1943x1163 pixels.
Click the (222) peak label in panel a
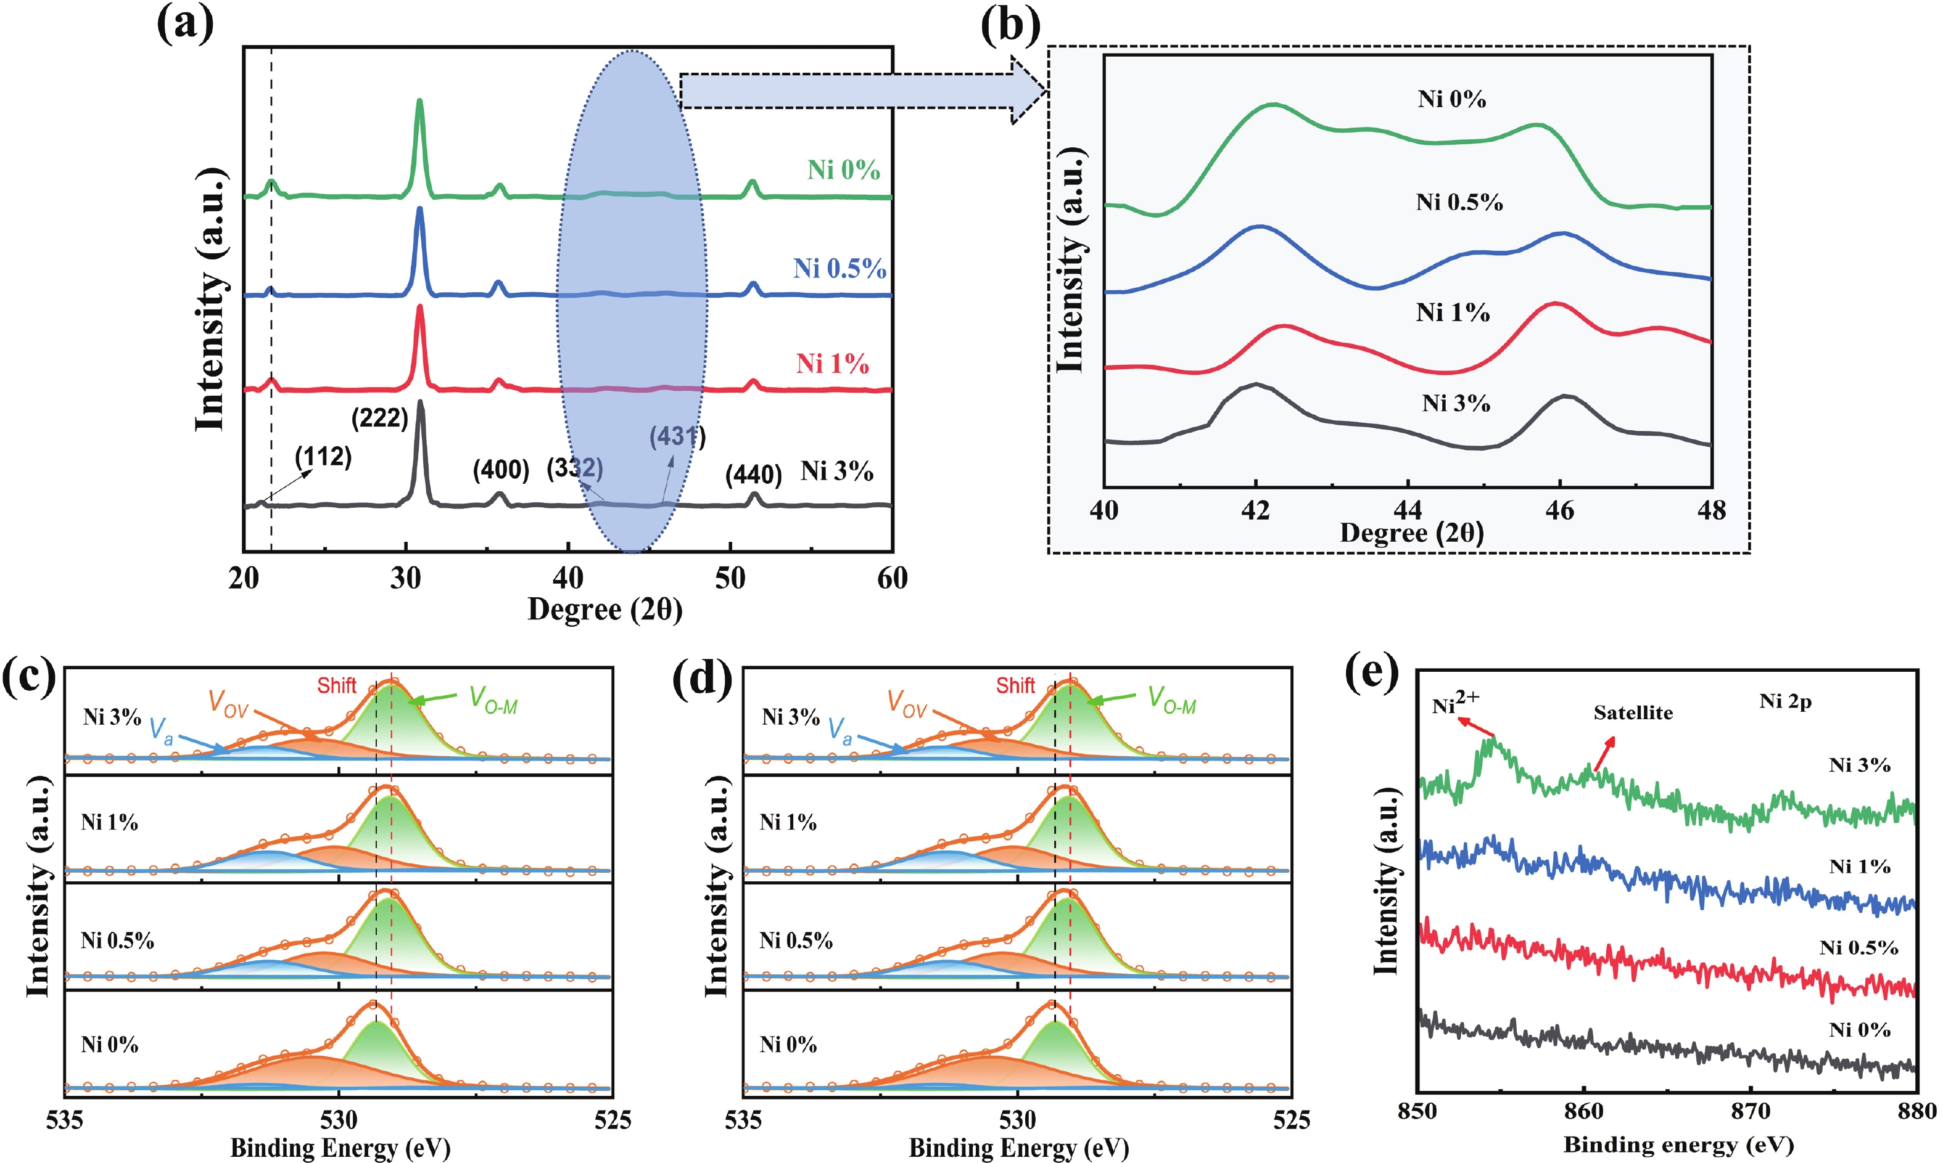pyautogui.click(x=379, y=418)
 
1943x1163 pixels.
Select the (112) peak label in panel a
pyautogui.click(x=323, y=457)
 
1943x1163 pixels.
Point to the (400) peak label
pyautogui.click(x=500, y=470)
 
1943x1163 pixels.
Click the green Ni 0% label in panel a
pyautogui.click(x=844, y=170)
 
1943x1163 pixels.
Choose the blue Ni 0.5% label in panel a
pyautogui.click(x=839, y=269)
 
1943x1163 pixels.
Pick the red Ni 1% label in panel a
pyautogui.click(x=832, y=364)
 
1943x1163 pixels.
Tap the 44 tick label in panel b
pyautogui.click(x=1408, y=511)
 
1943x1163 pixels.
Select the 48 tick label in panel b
pyautogui.click(x=1711, y=511)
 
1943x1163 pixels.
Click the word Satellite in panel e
pyautogui.click(x=1633, y=713)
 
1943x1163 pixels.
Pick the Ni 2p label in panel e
pyautogui.click(x=1784, y=701)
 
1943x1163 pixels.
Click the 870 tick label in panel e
pyautogui.click(x=1750, y=1112)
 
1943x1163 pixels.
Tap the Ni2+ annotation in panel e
pyautogui.click(x=1454, y=703)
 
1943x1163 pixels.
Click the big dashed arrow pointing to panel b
pyautogui.click(x=862, y=91)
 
